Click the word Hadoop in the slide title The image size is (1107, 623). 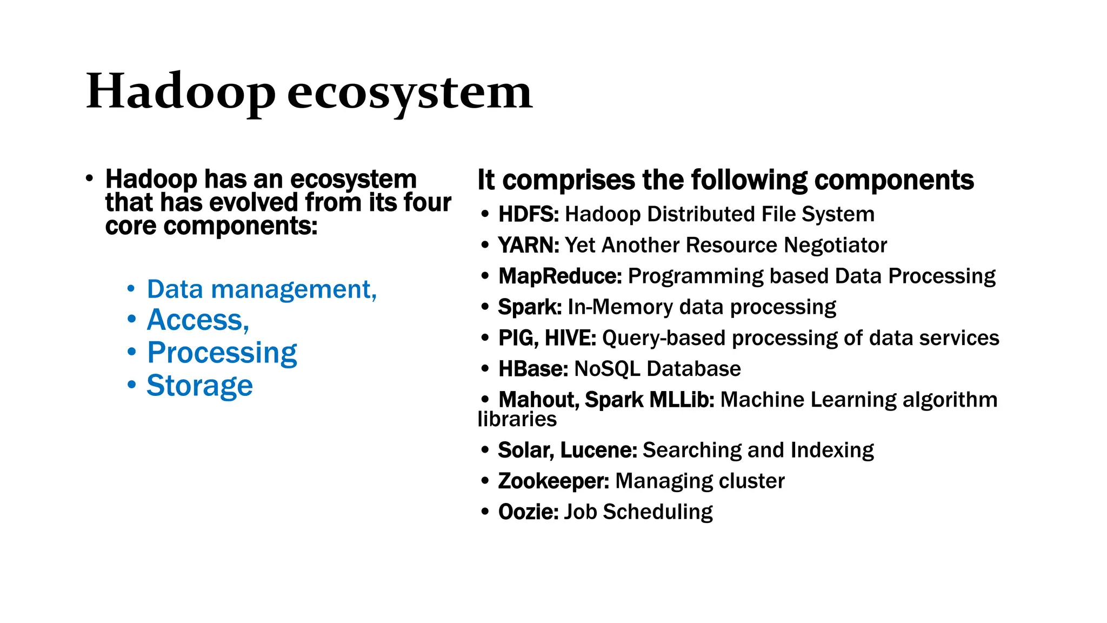click(x=181, y=92)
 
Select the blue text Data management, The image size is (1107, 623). click(x=262, y=289)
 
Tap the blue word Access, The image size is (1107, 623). click(x=198, y=320)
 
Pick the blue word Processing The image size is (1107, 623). click(x=222, y=353)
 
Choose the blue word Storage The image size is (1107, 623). click(x=199, y=386)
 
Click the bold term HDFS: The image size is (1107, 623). click(x=528, y=214)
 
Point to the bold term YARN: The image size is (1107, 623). click(x=528, y=245)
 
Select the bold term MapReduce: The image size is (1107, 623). click(x=560, y=276)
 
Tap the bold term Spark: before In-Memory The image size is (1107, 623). click(x=530, y=307)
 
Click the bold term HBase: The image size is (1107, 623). click(x=533, y=369)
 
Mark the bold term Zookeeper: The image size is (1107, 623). click(x=553, y=481)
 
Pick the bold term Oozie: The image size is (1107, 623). click(x=528, y=512)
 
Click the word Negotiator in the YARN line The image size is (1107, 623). click(x=835, y=245)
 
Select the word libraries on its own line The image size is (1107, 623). click(x=517, y=419)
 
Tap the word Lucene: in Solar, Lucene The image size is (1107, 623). click(x=598, y=450)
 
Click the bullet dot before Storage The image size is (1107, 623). click(x=131, y=385)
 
